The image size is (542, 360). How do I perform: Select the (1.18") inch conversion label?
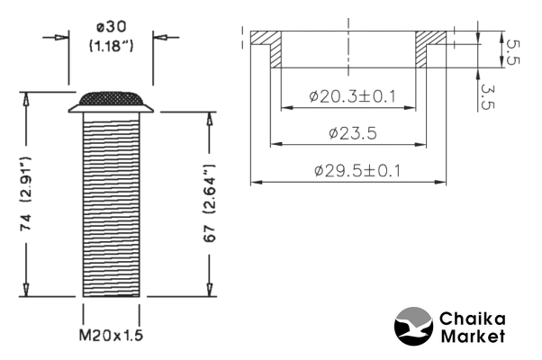tap(111, 46)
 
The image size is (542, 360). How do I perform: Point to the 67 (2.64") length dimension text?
tap(208, 202)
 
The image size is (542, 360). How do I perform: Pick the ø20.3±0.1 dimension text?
tap(352, 96)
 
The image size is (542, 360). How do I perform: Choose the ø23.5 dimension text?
tap(352, 133)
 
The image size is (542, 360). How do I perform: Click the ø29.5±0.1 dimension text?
tap(352, 170)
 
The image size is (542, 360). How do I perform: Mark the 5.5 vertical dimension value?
tap(510, 51)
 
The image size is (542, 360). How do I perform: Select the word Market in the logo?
tap(472, 337)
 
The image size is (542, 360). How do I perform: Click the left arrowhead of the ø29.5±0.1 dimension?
tap(254, 183)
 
